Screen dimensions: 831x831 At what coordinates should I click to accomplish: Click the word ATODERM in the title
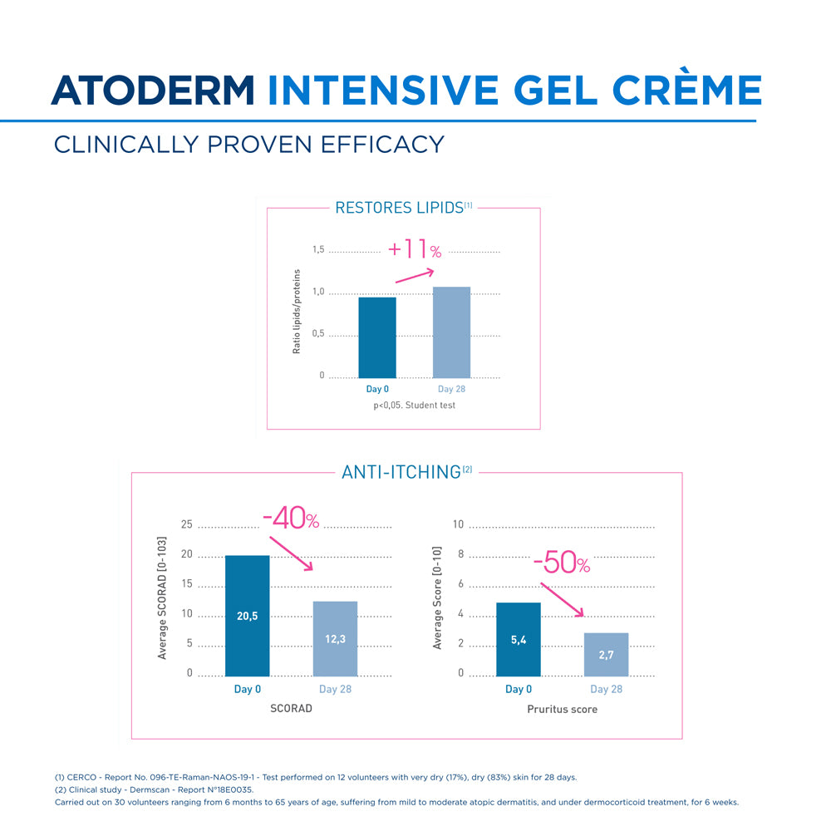click(x=154, y=90)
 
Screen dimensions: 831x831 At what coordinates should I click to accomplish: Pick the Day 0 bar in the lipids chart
click(x=377, y=337)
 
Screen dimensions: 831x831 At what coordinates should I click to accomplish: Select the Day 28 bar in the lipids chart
click(x=451, y=332)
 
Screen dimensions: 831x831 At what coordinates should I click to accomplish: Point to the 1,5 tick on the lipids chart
click(x=319, y=250)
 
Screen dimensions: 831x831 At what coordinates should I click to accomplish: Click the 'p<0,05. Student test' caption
click(x=414, y=406)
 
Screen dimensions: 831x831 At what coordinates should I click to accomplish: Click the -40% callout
click(x=291, y=520)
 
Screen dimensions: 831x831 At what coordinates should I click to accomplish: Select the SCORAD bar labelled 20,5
click(x=248, y=615)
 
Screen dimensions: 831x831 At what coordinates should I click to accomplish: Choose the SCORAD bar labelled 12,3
click(x=335, y=637)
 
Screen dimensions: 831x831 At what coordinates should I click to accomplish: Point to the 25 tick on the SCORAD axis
click(x=187, y=524)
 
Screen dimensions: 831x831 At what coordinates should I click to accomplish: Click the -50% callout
click(x=561, y=564)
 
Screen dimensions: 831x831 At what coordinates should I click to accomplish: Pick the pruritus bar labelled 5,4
click(x=518, y=638)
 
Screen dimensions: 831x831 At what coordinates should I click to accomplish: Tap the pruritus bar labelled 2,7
click(x=606, y=654)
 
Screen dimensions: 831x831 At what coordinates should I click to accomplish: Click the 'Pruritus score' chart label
click(x=562, y=710)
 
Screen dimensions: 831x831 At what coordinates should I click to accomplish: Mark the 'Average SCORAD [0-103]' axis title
click(x=163, y=598)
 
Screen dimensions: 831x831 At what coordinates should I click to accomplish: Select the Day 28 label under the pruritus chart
click(x=606, y=689)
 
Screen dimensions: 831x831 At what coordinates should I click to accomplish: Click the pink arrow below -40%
click(x=291, y=553)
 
